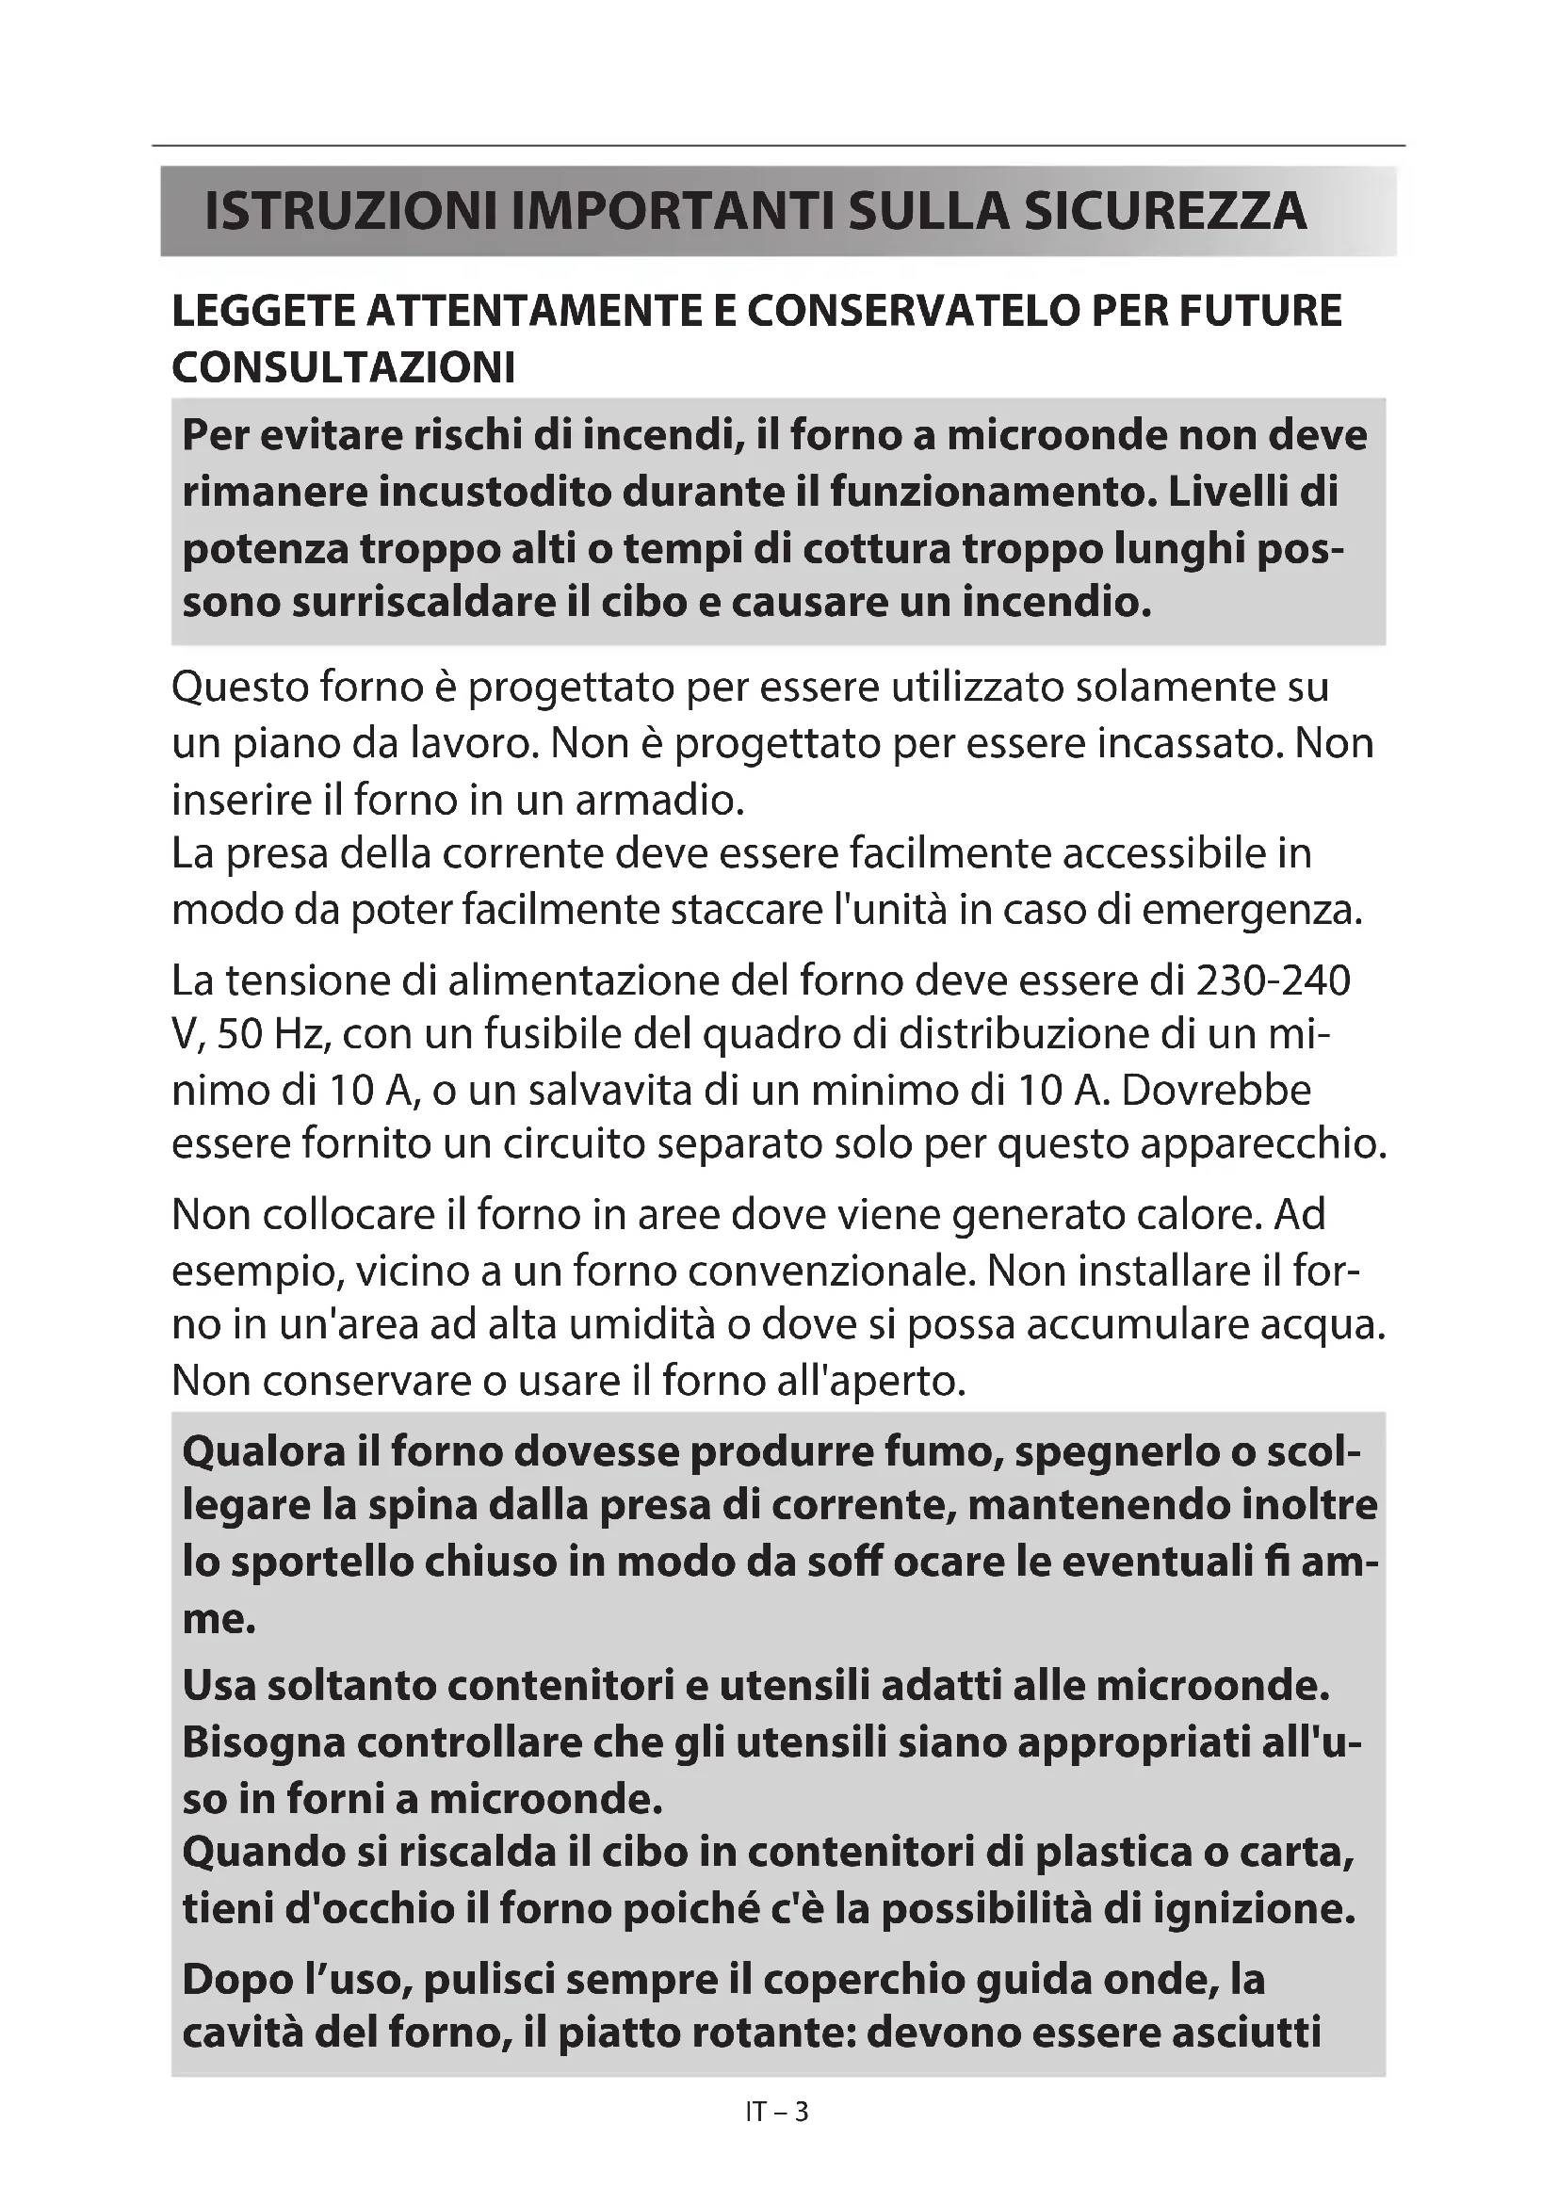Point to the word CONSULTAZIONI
click(344, 367)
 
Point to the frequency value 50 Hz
click(274, 1036)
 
